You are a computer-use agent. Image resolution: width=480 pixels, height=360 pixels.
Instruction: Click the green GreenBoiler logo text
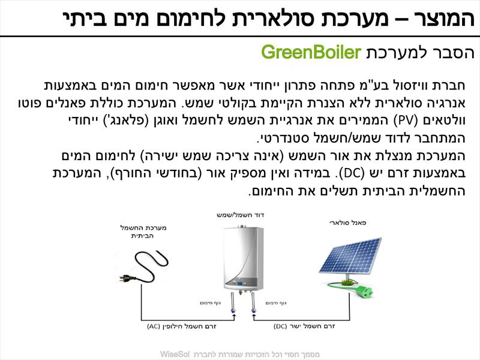coord(311,52)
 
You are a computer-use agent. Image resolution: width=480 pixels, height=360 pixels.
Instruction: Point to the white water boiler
coord(244,259)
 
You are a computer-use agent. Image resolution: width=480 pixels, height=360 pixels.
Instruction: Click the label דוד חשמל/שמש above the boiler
coord(241,215)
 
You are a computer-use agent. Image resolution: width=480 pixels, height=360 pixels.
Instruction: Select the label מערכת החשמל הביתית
coord(143,232)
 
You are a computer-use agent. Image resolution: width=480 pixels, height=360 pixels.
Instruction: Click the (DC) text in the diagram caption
coord(280,326)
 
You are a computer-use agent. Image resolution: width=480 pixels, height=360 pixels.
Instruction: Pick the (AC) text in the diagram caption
coord(154,326)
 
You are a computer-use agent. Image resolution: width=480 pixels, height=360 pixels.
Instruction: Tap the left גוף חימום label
coord(211,303)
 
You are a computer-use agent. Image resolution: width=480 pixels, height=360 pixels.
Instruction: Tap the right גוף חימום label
coord(276,303)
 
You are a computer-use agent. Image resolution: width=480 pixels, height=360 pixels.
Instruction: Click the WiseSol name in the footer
coord(175,354)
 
